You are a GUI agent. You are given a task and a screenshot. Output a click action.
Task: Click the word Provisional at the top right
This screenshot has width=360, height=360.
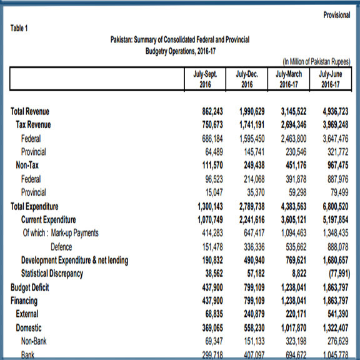tap(337, 15)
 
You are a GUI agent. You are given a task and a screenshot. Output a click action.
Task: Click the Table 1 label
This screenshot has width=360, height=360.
tap(19, 28)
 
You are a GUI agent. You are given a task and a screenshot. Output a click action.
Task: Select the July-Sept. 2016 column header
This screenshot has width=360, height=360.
tap(205, 79)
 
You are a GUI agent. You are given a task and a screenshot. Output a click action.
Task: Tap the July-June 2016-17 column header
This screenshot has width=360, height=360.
tap(331, 79)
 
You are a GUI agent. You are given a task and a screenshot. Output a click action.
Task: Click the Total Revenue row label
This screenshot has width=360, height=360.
tap(30, 111)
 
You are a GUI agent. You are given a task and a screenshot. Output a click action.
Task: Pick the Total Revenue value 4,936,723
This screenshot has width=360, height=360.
tap(336, 111)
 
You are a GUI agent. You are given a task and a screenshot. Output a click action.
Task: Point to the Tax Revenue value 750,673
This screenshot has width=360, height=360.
tap(212, 124)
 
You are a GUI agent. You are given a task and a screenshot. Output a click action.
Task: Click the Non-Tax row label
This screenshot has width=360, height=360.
tap(27, 165)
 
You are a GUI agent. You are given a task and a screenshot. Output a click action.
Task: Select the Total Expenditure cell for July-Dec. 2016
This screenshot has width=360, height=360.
tap(252, 206)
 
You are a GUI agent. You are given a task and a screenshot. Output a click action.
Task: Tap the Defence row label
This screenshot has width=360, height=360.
tap(61, 247)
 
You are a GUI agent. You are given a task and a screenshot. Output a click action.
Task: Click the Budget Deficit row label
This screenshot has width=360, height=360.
tap(30, 287)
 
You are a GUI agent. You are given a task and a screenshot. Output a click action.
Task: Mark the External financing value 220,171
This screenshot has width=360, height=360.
tap(296, 314)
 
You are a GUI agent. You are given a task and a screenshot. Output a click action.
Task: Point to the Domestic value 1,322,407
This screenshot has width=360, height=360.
tap(336, 327)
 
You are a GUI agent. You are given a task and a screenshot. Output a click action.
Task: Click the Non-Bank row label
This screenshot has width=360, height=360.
tap(34, 341)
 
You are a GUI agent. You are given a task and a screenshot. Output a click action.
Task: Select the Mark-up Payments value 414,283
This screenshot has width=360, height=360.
tap(212, 233)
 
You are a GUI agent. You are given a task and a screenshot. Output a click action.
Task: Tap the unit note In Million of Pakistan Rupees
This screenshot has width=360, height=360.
tap(317, 61)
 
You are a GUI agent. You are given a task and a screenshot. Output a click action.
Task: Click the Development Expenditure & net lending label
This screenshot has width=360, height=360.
tap(74, 260)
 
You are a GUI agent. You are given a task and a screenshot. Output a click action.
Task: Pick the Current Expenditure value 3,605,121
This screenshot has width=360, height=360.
tap(294, 220)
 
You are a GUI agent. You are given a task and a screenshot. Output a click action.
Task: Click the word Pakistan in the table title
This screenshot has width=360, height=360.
tap(121, 40)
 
